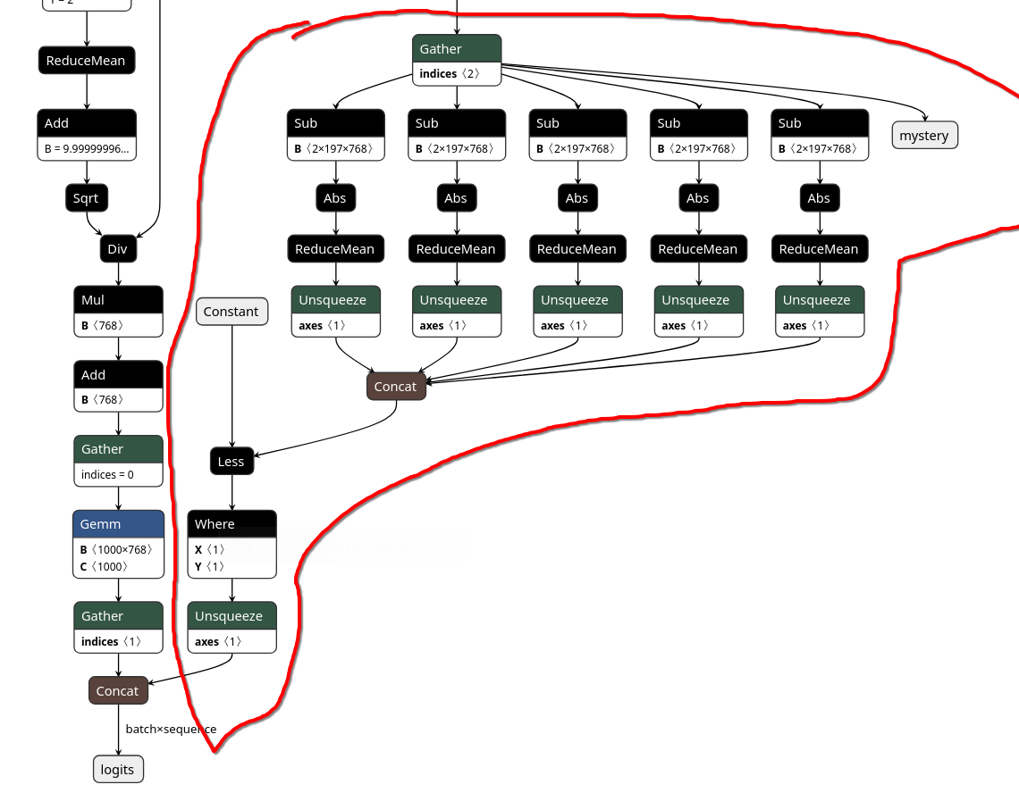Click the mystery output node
[924, 136]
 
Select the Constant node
[232, 312]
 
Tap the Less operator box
[232, 462]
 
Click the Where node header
[232, 524]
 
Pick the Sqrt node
[87, 198]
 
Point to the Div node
[118, 249]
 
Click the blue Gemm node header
[118, 524]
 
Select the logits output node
[118, 770]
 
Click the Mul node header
[118, 300]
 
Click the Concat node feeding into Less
[395, 387]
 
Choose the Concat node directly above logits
[118, 691]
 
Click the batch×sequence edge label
[171, 730]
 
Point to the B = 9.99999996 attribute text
[87, 149]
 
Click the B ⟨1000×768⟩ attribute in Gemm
[117, 550]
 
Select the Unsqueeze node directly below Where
[232, 616]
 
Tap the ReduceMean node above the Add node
[87, 61]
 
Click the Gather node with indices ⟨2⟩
[456, 49]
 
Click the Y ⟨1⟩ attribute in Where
[210, 566]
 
